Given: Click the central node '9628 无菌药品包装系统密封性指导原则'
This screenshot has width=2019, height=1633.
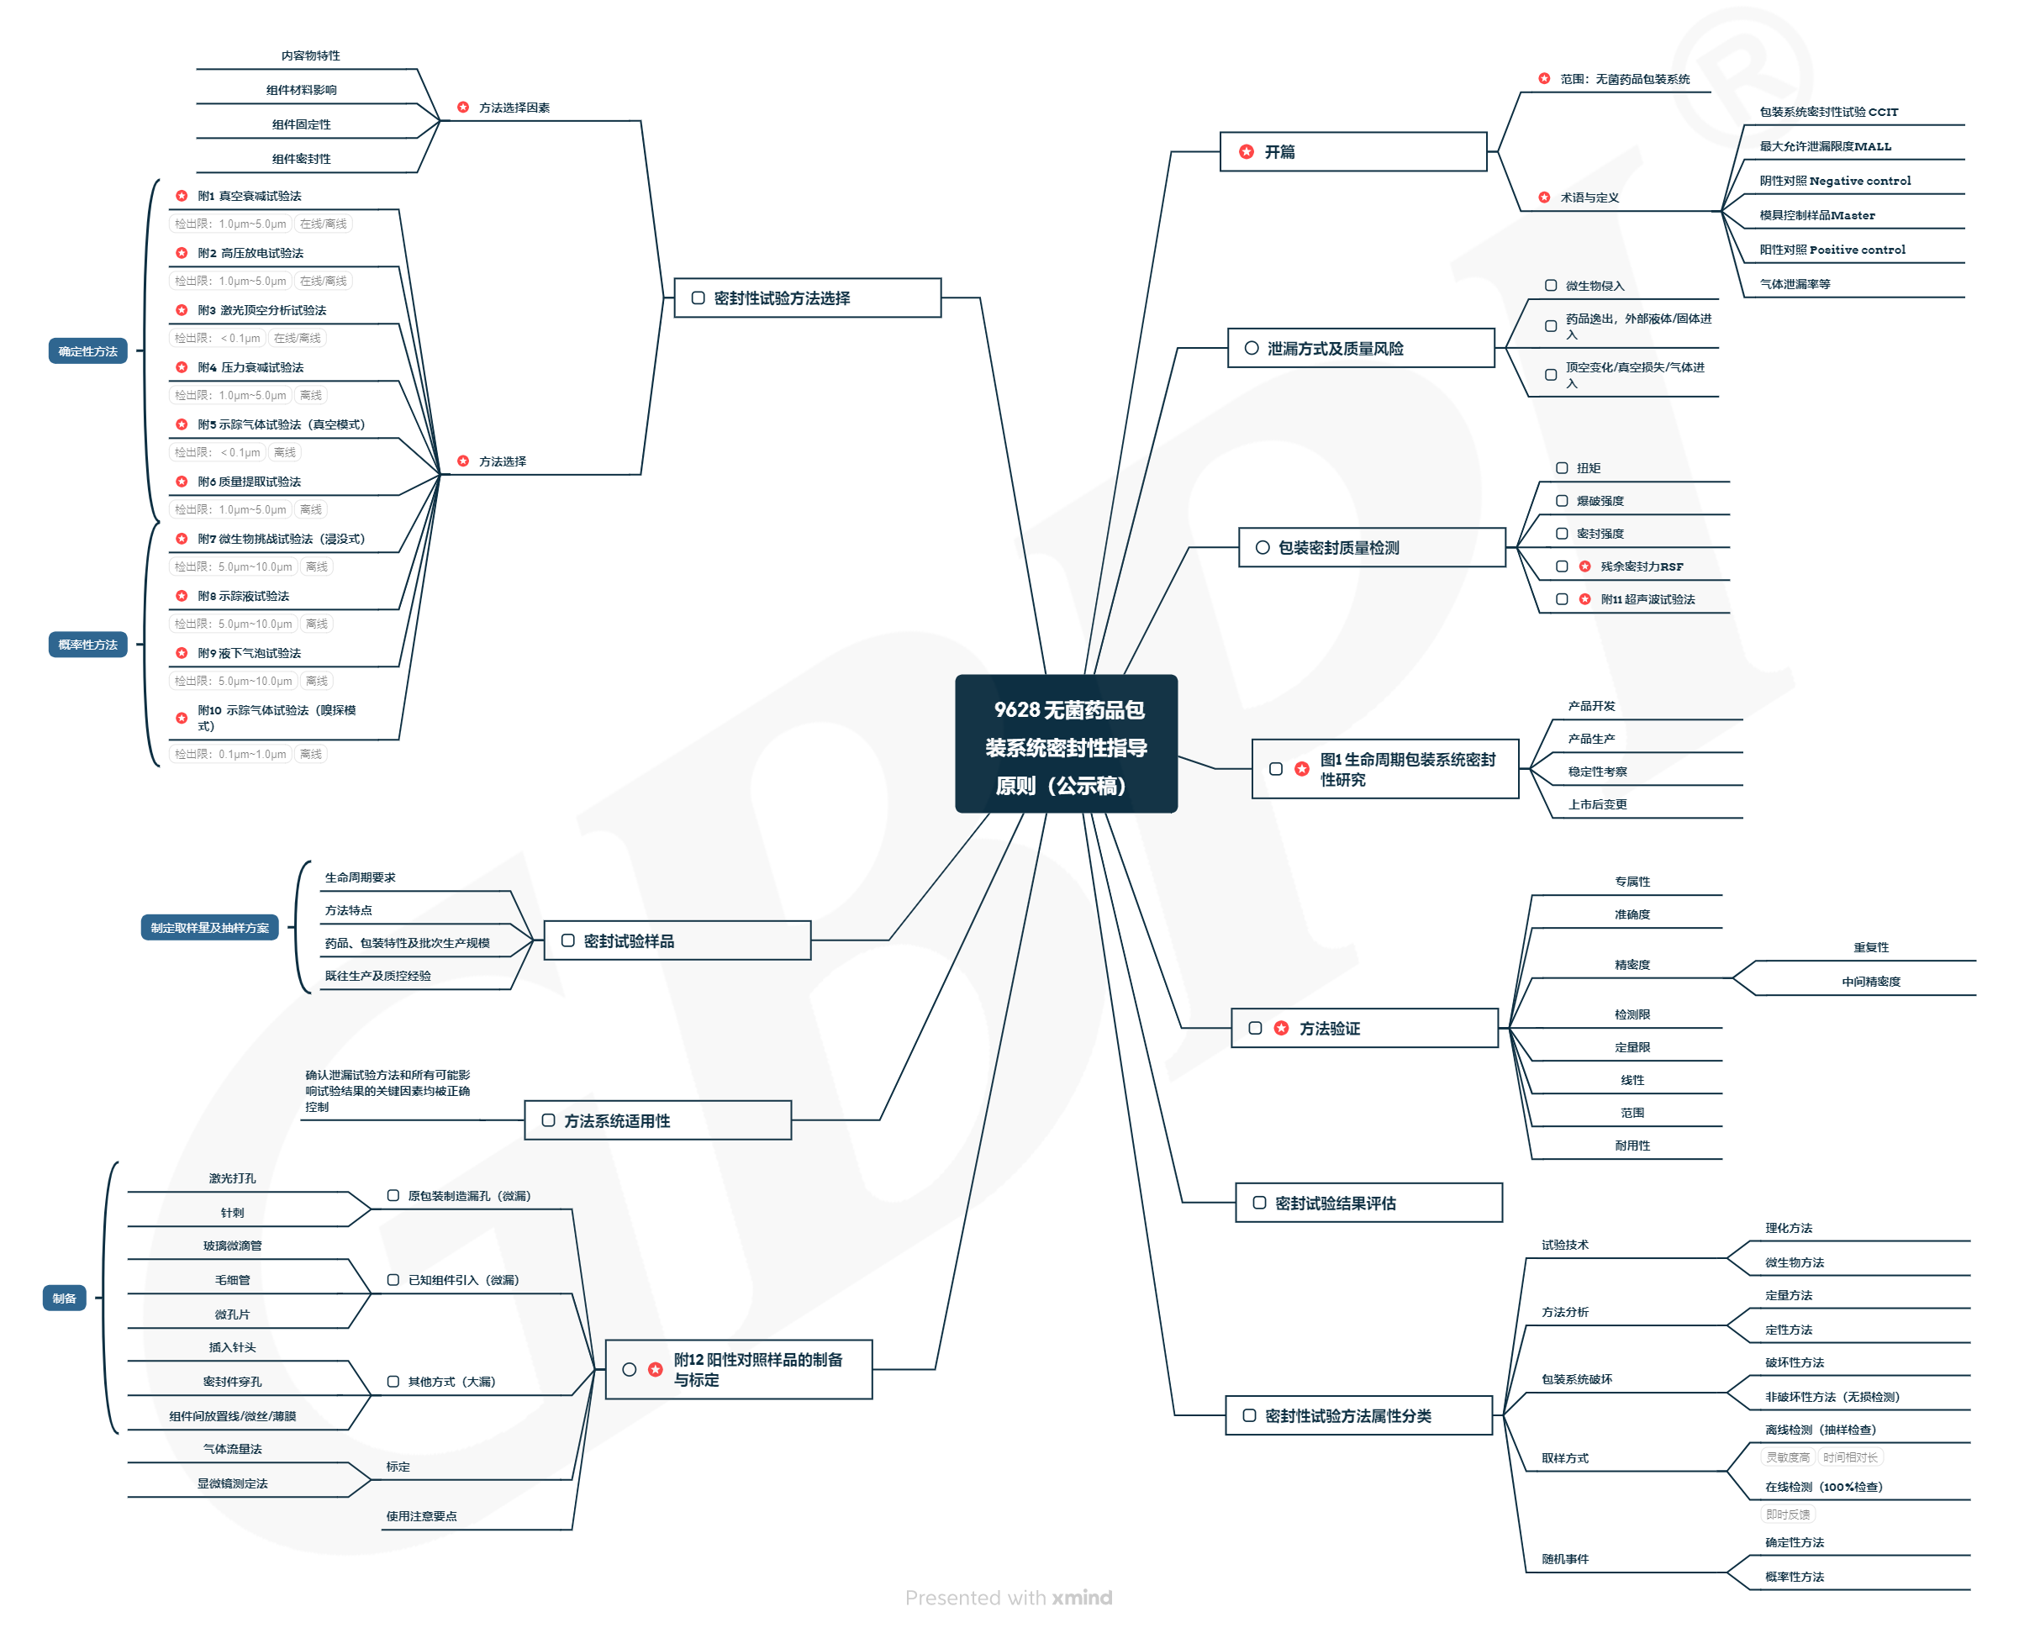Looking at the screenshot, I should click(x=1066, y=744).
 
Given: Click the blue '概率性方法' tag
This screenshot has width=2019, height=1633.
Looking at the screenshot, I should click(x=87, y=645).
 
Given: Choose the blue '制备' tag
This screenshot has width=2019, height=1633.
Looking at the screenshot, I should click(x=64, y=1299).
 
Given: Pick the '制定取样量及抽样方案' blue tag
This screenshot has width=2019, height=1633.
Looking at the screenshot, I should click(x=208, y=929).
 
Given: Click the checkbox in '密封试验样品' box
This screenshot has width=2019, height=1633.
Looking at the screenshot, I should click(x=568, y=940).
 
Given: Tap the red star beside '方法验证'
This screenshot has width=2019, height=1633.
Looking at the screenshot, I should click(x=1281, y=1028).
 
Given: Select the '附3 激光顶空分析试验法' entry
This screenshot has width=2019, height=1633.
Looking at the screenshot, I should click(x=261, y=310).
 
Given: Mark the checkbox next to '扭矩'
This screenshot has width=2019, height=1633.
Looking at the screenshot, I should click(x=1562, y=468).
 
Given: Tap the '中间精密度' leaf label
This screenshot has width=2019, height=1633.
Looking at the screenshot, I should click(x=1870, y=982).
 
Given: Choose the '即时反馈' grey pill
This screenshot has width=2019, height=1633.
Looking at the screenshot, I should click(x=1788, y=1514).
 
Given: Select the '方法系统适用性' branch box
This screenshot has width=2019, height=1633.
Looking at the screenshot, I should click(x=657, y=1121).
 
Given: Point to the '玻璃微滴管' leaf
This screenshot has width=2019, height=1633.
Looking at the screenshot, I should click(x=232, y=1246).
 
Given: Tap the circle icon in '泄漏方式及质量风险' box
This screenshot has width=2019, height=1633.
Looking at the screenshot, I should click(x=1252, y=348).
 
